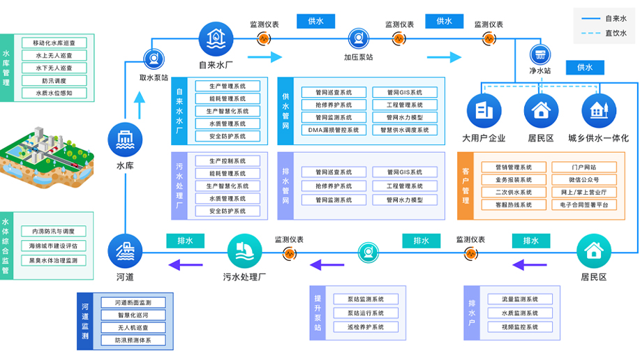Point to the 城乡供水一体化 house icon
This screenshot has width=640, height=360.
click(x=598, y=110)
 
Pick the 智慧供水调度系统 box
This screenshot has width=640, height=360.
click(x=405, y=130)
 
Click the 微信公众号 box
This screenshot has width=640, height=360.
click(x=584, y=180)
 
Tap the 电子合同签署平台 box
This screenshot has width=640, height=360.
click(x=584, y=205)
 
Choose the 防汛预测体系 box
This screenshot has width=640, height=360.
click(x=133, y=340)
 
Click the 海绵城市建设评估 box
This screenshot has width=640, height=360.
click(x=53, y=246)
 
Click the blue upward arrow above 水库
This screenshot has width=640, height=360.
click(x=140, y=105)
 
